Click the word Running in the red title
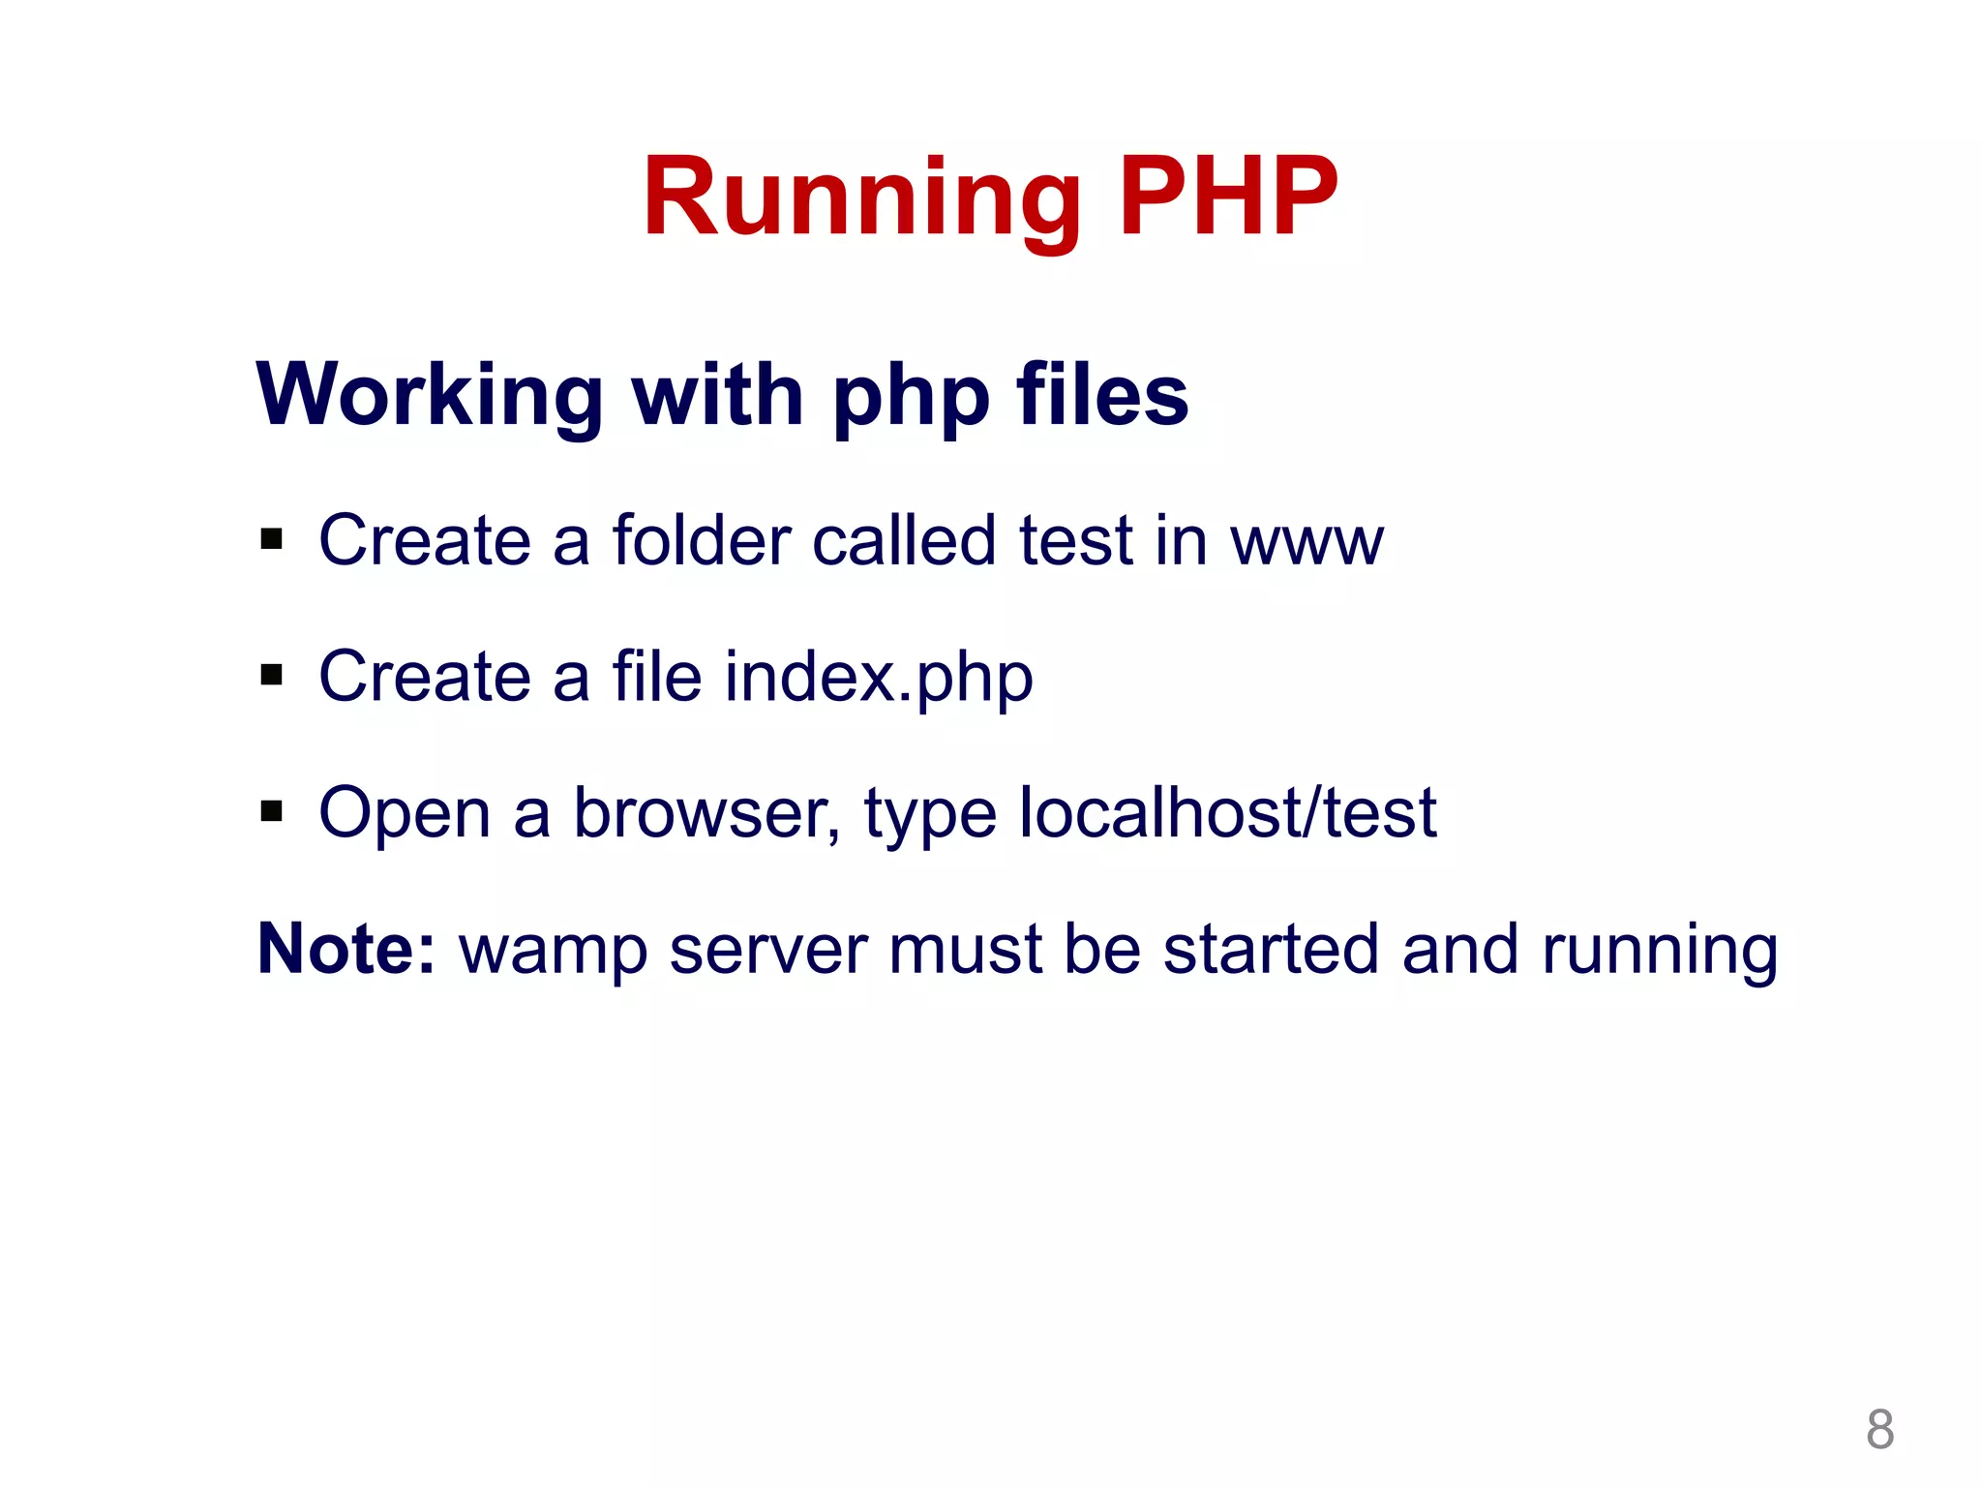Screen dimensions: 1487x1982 point(861,198)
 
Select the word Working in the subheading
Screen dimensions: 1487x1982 point(430,395)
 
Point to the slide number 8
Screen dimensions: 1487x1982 point(1879,1429)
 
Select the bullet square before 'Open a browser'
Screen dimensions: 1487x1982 point(272,810)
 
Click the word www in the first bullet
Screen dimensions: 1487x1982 point(1306,542)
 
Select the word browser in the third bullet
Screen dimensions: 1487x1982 point(706,813)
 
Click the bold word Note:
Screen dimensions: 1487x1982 point(346,949)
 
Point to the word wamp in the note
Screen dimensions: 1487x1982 point(553,951)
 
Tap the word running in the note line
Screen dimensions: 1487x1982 point(1659,951)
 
